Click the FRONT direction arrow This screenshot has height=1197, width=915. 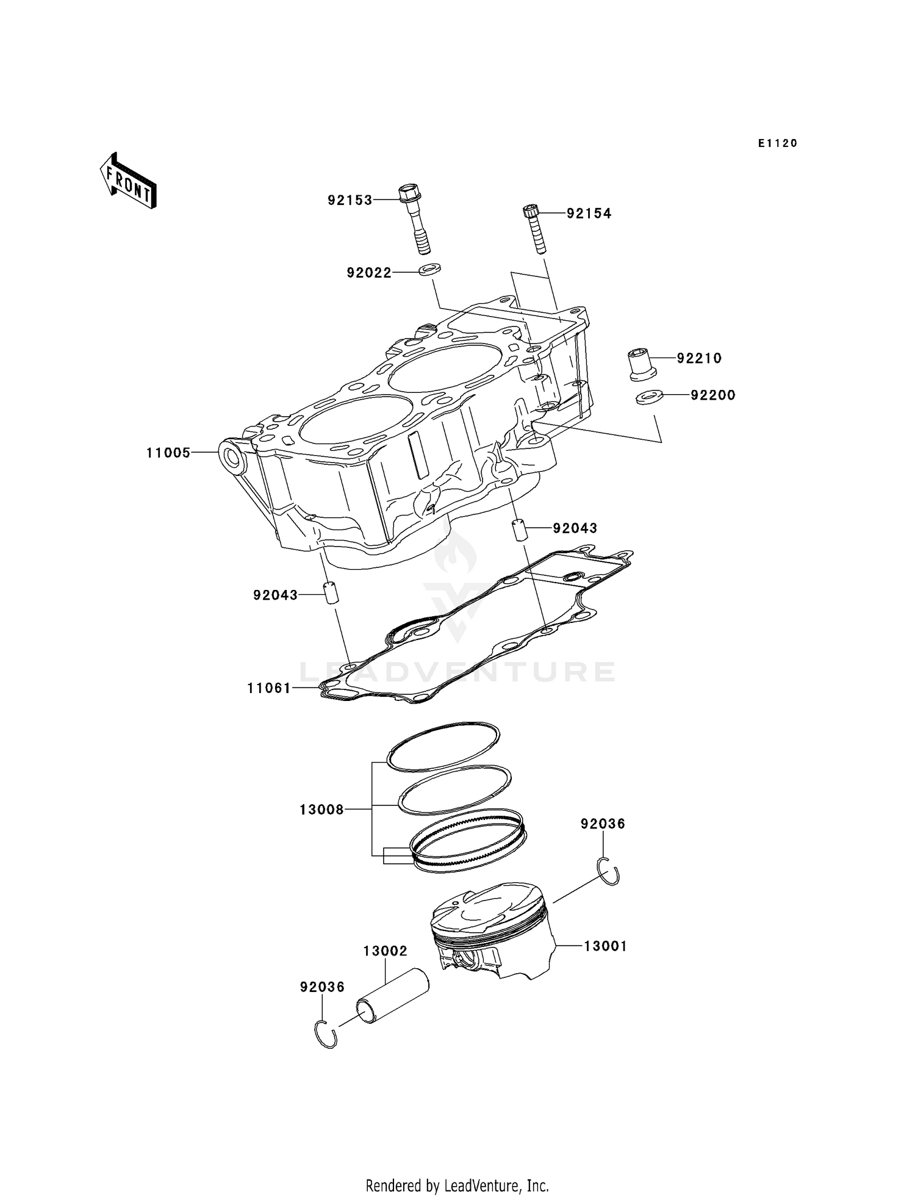pos(129,181)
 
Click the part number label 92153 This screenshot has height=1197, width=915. pos(350,200)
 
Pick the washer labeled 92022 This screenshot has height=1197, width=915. pos(431,269)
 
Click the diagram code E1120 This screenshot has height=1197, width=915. pos(778,143)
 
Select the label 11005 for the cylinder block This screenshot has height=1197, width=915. pos(168,453)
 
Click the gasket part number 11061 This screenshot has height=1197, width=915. pos(269,688)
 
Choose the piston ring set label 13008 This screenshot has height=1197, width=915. pos(321,810)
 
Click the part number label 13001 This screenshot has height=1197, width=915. pos(605,946)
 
